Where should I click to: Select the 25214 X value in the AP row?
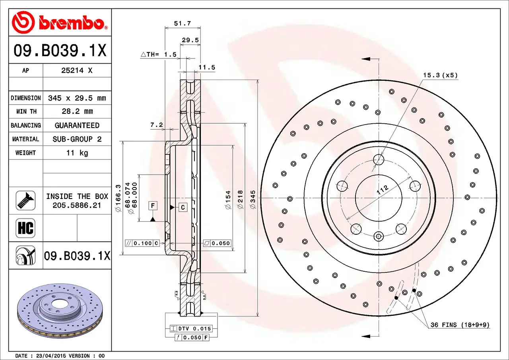pos(77,70)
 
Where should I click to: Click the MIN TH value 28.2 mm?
pos(77,111)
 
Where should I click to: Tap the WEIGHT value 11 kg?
pos(77,153)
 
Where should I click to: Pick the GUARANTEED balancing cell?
pos(77,125)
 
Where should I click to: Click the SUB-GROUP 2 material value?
pos(77,139)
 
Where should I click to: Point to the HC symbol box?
pos(25,228)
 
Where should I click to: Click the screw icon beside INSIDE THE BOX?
pos(25,200)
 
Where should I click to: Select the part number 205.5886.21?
pos(77,205)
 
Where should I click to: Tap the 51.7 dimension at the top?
pos(183,23)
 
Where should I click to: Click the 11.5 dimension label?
pos(207,68)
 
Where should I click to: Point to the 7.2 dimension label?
pos(156,125)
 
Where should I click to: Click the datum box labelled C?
pos(183,207)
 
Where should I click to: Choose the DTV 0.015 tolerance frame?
pos(190,329)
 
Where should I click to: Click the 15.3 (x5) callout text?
pos(440,75)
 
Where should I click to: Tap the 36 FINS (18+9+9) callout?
pos(460,325)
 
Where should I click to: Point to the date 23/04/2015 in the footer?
pos(51,356)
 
